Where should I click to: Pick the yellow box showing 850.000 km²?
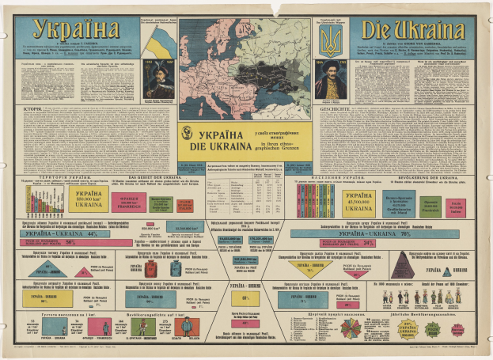[x=89, y=200]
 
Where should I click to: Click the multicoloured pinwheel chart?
[x=351, y=327]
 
